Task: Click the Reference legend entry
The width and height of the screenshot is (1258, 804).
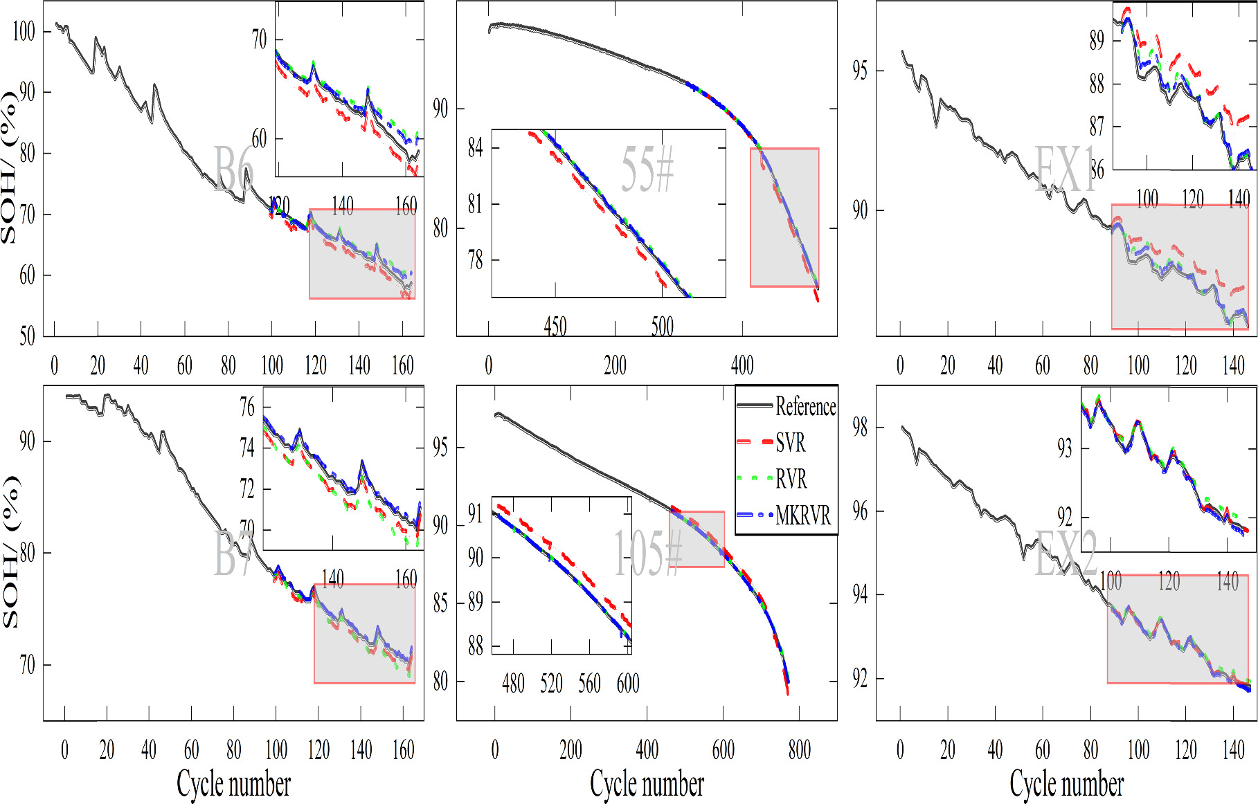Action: point(805,406)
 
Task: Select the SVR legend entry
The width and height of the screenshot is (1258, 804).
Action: point(790,443)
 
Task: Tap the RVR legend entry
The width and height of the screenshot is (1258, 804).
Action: point(791,479)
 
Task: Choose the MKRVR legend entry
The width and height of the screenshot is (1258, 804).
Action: point(802,515)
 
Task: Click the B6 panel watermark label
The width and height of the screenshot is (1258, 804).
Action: point(234,169)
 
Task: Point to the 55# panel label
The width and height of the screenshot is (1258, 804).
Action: point(647,169)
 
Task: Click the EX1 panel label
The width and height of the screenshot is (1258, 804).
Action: point(1066,169)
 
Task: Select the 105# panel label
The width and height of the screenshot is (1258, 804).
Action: point(648,553)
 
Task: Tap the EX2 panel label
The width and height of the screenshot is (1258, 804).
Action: point(1066,553)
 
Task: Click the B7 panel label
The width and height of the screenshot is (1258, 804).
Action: point(233,554)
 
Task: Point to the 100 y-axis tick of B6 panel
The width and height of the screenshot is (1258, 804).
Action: point(24,31)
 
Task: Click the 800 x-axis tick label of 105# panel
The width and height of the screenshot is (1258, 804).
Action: point(799,750)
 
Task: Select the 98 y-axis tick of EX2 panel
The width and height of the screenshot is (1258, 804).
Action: point(859,428)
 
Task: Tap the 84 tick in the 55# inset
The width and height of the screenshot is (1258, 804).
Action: point(475,147)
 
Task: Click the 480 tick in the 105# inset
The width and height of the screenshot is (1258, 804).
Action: point(513,684)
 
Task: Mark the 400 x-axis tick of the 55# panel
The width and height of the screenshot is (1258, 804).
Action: point(742,365)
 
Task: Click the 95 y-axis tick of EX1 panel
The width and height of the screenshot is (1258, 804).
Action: point(859,71)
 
